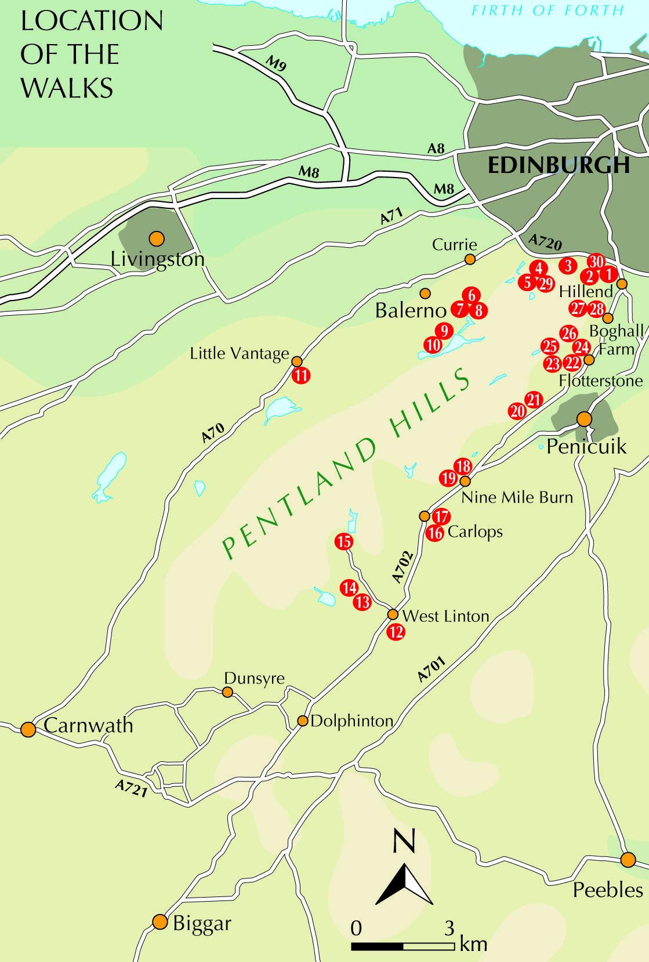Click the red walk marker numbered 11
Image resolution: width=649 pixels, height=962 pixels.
coord(300,375)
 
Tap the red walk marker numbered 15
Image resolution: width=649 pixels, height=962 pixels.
coord(344,541)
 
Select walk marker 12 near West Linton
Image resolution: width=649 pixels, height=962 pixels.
coord(396,631)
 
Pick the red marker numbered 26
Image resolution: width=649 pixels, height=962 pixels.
coord(569,333)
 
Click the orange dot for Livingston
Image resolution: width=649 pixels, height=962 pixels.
coord(156,238)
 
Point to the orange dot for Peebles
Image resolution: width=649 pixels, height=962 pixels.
coord(628,859)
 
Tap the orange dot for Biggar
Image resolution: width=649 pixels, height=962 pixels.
coord(160,921)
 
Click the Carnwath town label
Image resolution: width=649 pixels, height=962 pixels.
coord(88,725)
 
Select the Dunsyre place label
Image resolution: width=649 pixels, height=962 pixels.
coord(254,678)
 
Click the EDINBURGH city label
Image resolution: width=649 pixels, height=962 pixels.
coord(558,165)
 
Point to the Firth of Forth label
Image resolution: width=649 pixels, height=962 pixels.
coord(547,10)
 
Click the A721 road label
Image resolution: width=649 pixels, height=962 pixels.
coord(131,789)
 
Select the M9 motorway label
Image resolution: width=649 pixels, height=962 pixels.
coord(277,63)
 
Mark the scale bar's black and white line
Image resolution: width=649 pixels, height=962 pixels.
coord(403,946)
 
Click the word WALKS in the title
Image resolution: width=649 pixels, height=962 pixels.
coord(67,88)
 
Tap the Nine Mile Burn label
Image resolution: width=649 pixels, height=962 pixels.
coord(517,497)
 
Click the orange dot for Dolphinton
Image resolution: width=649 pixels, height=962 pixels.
coord(302,721)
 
